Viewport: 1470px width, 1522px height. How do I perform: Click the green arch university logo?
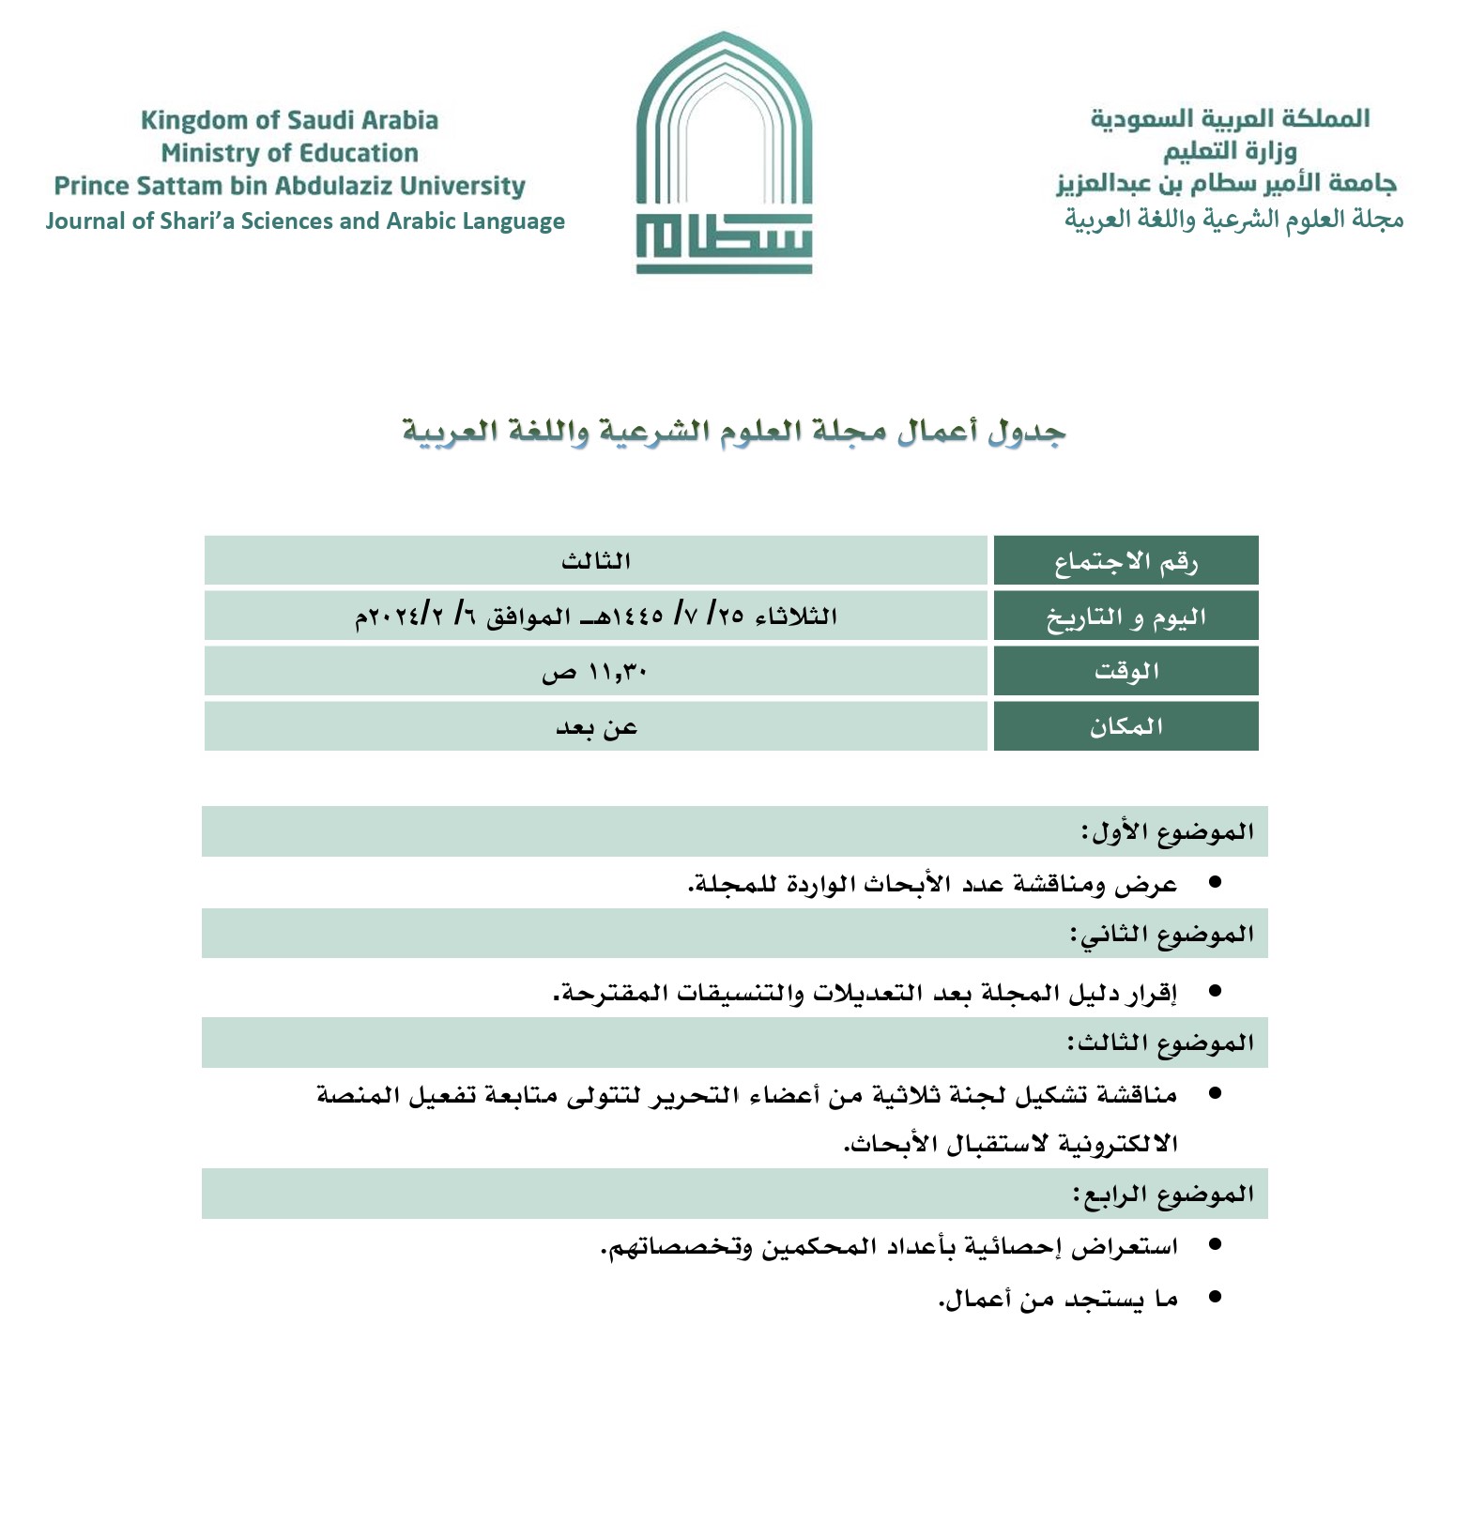(x=724, y=153)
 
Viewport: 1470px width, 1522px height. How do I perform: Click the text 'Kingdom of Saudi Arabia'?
(x=289, y=120)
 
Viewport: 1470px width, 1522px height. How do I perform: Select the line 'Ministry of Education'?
(x=289, y=153)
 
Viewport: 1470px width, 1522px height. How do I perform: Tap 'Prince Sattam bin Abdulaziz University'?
(x=289, y=186)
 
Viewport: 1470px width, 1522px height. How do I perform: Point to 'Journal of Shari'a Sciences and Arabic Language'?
(x=305, y=221)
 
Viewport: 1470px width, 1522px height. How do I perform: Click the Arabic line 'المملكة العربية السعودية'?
(x=1230, y=119)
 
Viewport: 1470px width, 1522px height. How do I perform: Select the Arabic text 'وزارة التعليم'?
(x=1230, y=151)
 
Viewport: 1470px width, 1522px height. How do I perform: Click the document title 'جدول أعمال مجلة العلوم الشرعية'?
(x=734, y=432)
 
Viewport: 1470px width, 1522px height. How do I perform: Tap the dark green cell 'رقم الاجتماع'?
(x=1125, y=561)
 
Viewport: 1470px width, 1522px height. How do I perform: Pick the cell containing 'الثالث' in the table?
(x=596, y=561)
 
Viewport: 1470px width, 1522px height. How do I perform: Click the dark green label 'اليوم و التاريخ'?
(x=1125, y=616)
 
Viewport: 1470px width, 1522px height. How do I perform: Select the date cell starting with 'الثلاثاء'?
(x=596, y=616)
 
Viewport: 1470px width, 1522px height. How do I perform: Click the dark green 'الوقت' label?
(x=1125, y=671)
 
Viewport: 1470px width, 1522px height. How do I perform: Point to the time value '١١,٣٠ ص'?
(x=596, y=671)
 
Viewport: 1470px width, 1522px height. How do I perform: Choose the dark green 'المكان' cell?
(x=1125, y=726)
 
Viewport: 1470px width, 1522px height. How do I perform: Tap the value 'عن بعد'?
(x=596, y=726)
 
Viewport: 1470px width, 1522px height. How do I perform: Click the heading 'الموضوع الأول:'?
(x=1167, y=831)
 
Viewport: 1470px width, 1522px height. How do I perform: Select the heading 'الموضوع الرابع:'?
(x=1163, y=1194)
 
